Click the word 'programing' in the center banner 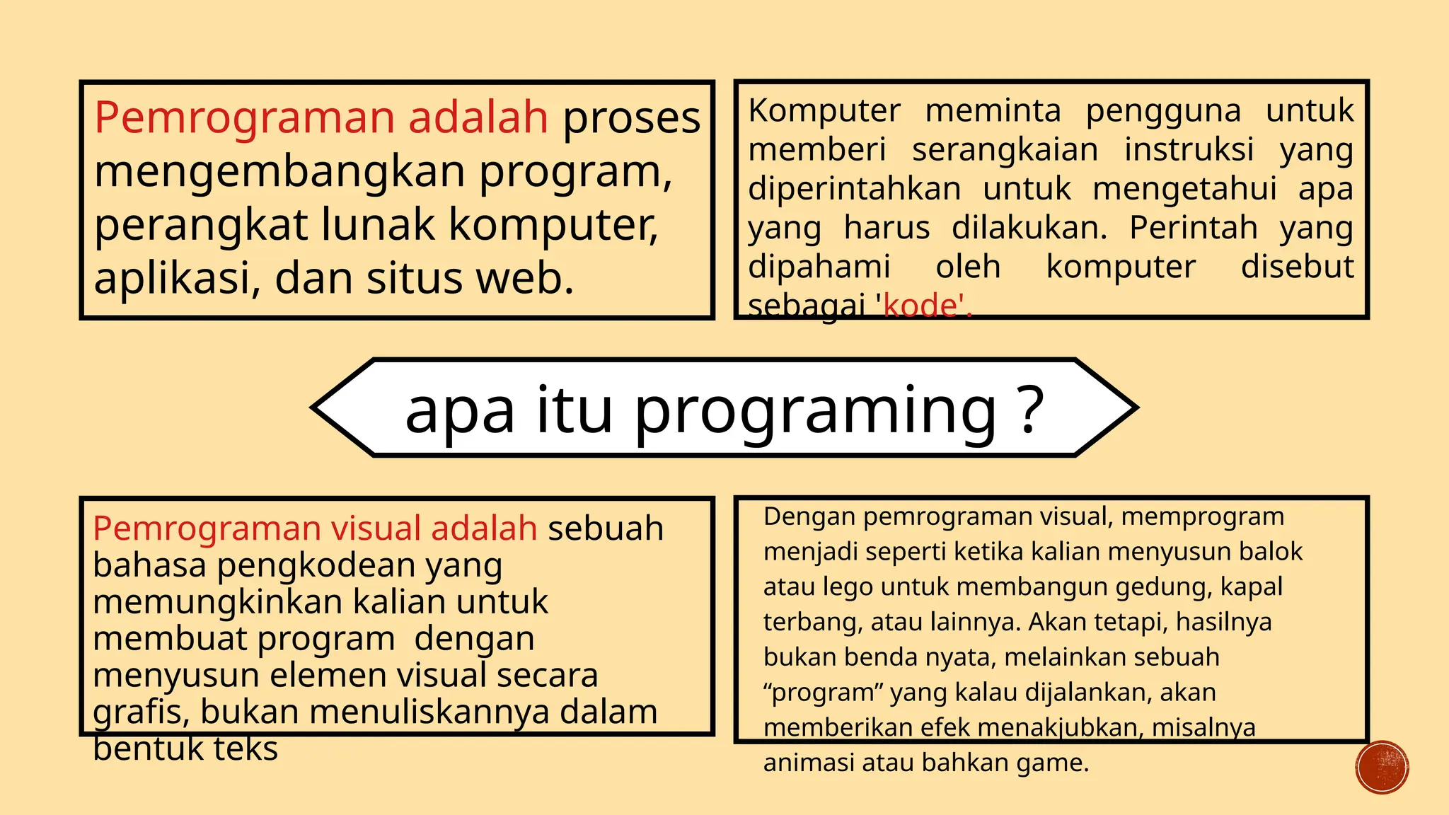814,412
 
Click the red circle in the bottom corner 1382,767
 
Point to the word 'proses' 631,118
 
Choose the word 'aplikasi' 171,279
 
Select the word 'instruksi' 1189,150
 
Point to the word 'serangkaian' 1005,150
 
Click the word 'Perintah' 1193,228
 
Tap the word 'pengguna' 1163,111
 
